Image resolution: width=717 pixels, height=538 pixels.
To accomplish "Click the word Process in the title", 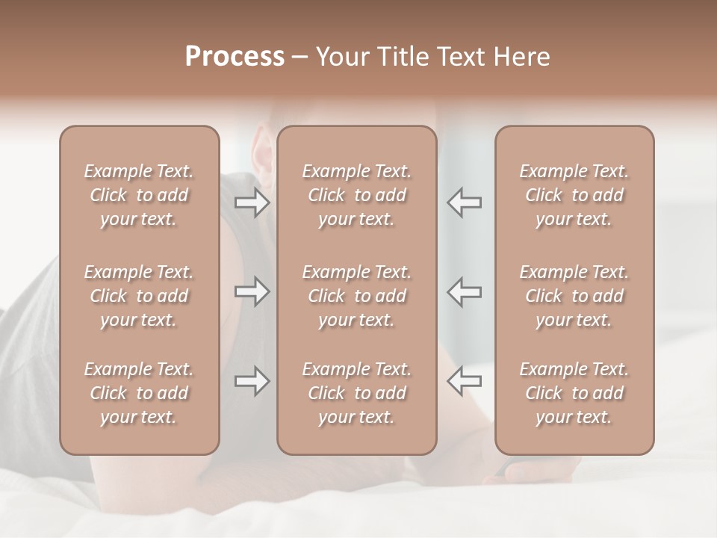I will tap(235, 57).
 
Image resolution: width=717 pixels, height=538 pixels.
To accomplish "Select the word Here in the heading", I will tap(522, 57).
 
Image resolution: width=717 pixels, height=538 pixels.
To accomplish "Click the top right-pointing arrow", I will tap(252, 202).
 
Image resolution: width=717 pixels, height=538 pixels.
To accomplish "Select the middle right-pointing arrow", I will tap(252, 291).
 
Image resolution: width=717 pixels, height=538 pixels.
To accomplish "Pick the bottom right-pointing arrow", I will tap(252, 381).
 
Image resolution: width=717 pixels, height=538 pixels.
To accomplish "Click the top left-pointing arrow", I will tap(465, 202).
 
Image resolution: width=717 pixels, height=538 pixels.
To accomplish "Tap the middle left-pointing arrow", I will tap(465, 291).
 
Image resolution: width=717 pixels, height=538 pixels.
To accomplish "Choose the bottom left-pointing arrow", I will tap(465, 381).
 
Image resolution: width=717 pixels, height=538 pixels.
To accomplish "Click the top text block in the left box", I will tap(139, 195).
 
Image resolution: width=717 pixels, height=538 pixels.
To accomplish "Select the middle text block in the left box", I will tap(139, 296).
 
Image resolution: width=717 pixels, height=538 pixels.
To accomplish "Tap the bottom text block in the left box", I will tap(139, 393).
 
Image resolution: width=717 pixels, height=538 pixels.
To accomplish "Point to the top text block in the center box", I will tap(357, 195).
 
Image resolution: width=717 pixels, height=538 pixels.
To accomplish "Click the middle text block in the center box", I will tap(357, 296).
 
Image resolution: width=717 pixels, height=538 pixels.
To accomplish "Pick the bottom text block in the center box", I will tap(357, 393).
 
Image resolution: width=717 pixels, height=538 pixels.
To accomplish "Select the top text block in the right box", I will tap(574, 195).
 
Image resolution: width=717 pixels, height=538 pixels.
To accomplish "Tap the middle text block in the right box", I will tap(574, 296).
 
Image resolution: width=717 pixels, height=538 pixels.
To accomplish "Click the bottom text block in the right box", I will tap(574, 393).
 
